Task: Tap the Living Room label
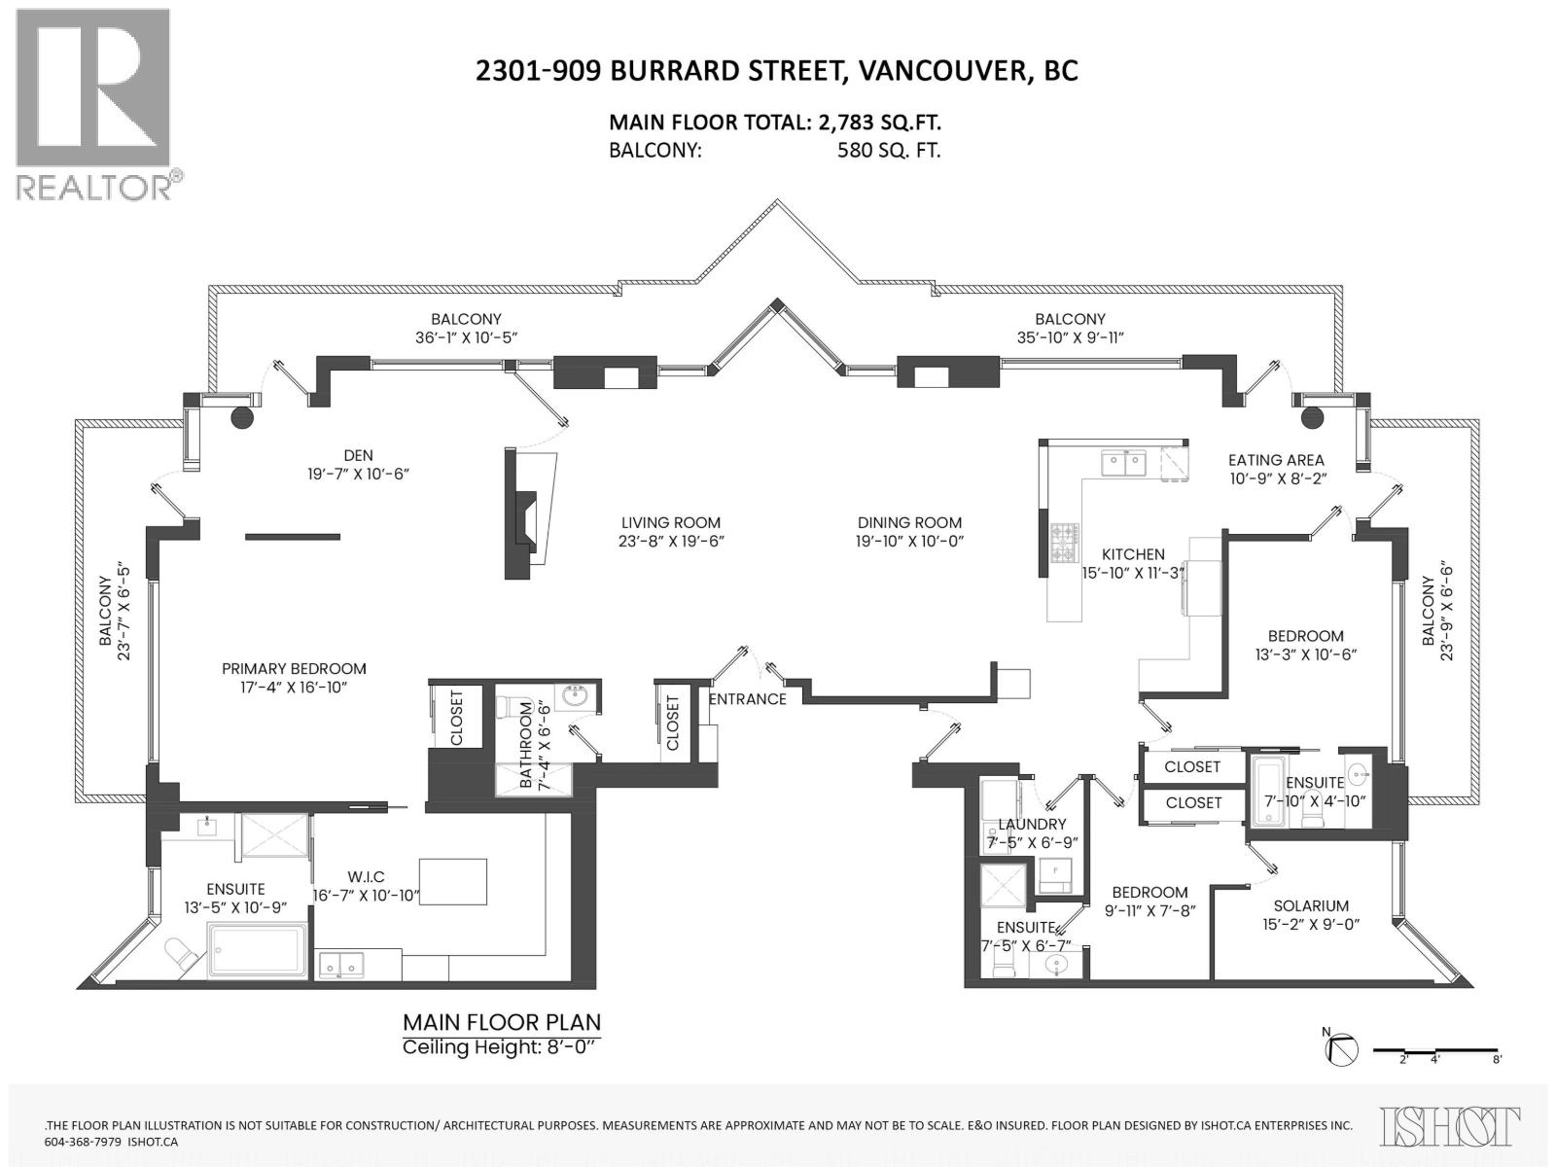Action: coord(671,522)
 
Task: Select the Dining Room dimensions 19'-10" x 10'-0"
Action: coord(909,542)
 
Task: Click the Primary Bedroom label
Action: coord(294,669)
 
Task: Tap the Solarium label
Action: coord(1314,905)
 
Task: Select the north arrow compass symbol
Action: coord(1342,1050)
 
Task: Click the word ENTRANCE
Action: coord(747,699)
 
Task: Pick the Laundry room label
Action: coord(1032,825)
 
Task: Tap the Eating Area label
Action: coord(1276,460)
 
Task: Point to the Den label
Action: coord(358,455)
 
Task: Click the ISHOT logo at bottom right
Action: coord(1450,1125)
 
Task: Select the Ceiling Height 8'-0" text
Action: coord(502,1047)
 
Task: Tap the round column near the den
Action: coord(240,418)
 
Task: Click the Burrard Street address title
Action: coord(776,71)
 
